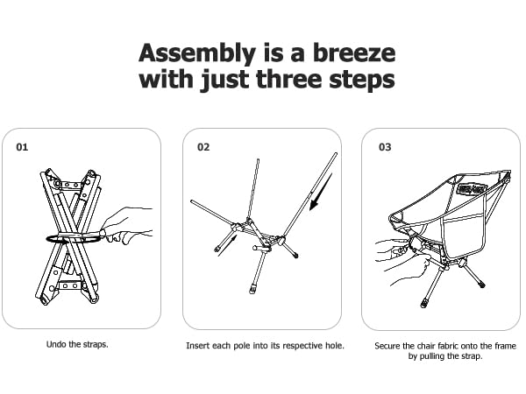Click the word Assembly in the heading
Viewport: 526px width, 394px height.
click(x=197, y=53)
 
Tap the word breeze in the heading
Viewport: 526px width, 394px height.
click(x=354, y=53)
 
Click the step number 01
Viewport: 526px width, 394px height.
click(x=22, y=147)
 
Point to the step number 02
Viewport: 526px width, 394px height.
click(x=203, y=147)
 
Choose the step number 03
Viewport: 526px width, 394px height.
click(x=385, y=147)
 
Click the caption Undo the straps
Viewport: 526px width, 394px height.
click(x=77, y=344)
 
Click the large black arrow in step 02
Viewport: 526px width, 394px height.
click(x=320, y=192)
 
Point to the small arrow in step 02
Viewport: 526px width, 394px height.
click(x=228, y=245)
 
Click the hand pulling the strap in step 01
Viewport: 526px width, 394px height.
click(x=127, y=225)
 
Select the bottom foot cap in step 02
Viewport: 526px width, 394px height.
click(x=252, y=289)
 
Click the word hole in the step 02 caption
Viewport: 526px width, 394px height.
click(x=335, y=346)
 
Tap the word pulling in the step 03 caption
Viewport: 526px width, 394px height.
click(x=431, y=356)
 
